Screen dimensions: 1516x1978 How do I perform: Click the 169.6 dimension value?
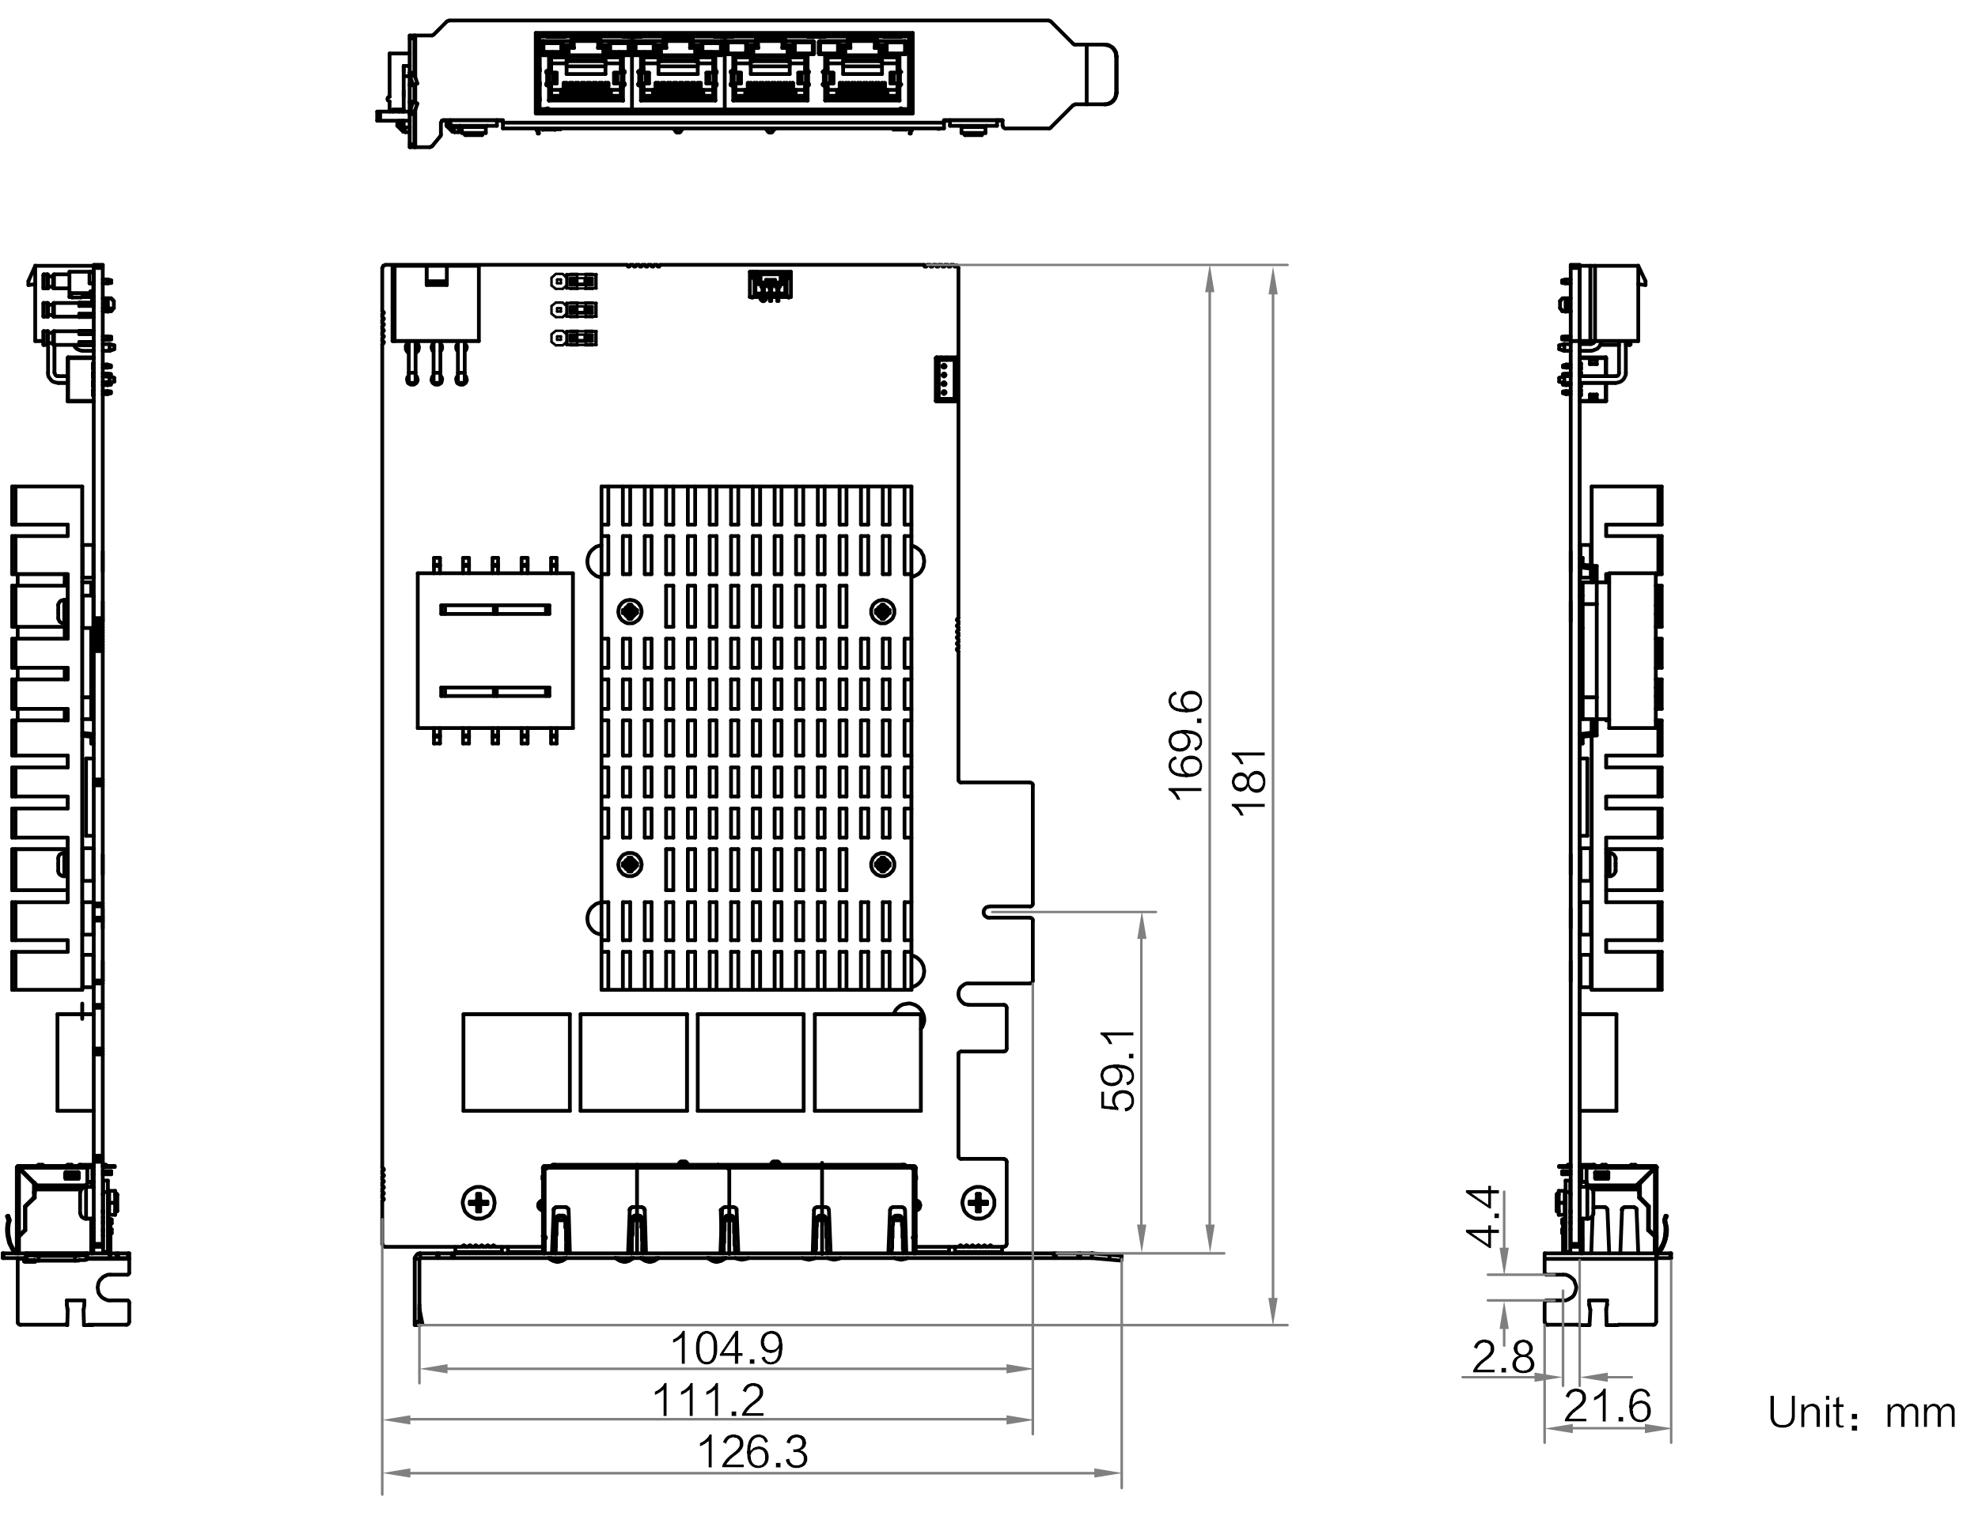coord(1185,746)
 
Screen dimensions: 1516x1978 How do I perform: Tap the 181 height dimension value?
coord(1251,783)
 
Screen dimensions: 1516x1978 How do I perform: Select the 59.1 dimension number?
coord(1119,1070)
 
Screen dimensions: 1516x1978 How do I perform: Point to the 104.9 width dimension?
coord(728,1348)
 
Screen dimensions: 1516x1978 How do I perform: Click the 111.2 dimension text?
coord(709,1400)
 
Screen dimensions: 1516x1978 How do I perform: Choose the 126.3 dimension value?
coord(753,1452)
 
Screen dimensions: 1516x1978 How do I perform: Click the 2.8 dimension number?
coord(1503,1356)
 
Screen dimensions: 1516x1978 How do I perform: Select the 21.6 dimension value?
coord(1607,1405)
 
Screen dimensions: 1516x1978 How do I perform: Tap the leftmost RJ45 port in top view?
coord(585,72)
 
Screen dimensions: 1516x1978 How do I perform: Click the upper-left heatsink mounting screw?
coord(630,612)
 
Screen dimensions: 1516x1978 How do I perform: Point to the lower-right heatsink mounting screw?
coord(882,864)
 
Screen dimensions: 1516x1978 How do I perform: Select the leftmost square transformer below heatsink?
coord(517,1062)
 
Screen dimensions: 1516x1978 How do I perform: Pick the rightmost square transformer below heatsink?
coord(868,1062)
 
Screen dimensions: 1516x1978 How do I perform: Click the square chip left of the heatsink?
coord(494,650)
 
